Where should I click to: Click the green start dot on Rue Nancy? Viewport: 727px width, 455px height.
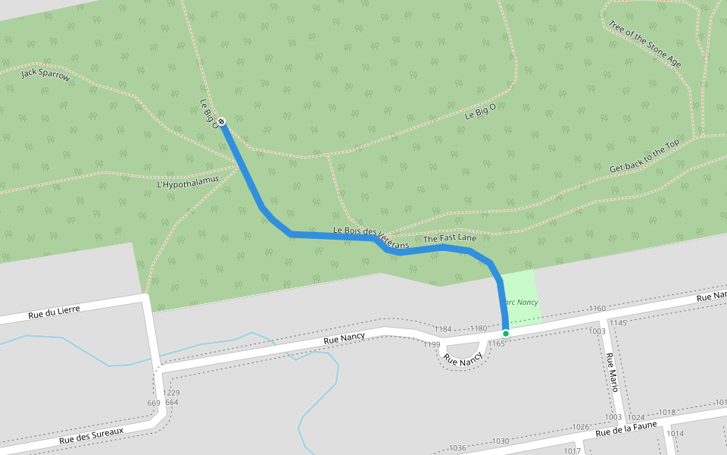pos(506,333)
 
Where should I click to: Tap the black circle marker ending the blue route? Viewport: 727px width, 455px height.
pos(221,121)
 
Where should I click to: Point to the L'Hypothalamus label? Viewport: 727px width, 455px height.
pos(188,181)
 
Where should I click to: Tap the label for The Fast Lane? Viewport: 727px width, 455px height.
pos(450,239)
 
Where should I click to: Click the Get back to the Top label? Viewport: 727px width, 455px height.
pos(644,156)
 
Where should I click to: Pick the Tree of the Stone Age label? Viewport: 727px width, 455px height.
pos(644,43)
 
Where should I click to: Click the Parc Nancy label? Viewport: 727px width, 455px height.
pos(521,302)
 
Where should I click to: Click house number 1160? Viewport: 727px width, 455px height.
pos(597,309)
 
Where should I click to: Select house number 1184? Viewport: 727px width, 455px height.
pos(443,329)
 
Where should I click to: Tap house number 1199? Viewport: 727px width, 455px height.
pos(432,345)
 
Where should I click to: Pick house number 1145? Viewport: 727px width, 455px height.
pos(618,323)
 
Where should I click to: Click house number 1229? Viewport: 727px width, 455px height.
pos(172,392)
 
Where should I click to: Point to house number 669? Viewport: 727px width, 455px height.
pos(154,403)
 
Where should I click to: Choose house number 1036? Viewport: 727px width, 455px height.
pos(458,447)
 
